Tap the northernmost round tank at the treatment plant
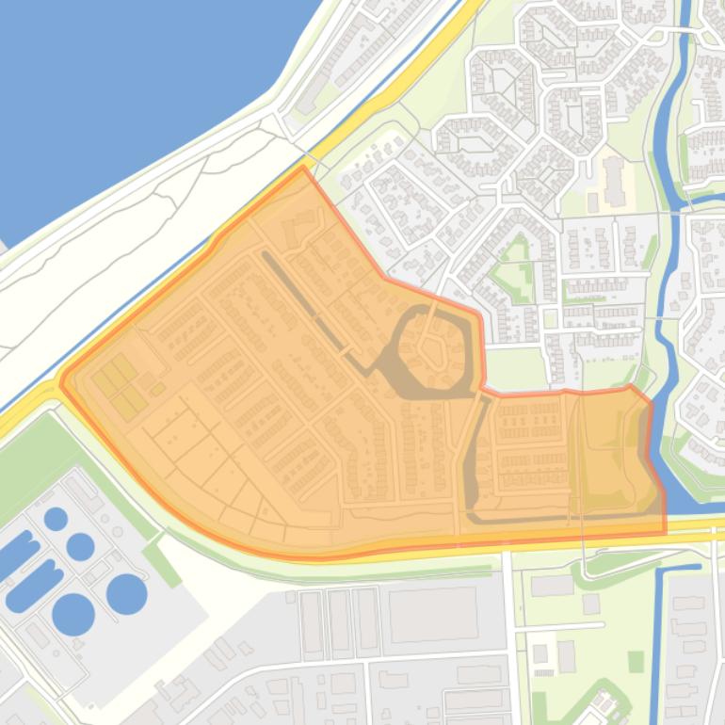point(56,518)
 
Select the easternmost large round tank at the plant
point(126,593)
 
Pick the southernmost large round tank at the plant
point(73,615)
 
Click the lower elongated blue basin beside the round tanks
point(35,584)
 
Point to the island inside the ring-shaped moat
point(434,352)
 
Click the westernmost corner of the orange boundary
point(61,382)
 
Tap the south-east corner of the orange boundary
point(665,532)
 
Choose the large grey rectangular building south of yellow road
point(433,614)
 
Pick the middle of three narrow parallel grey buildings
point(339,622)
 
